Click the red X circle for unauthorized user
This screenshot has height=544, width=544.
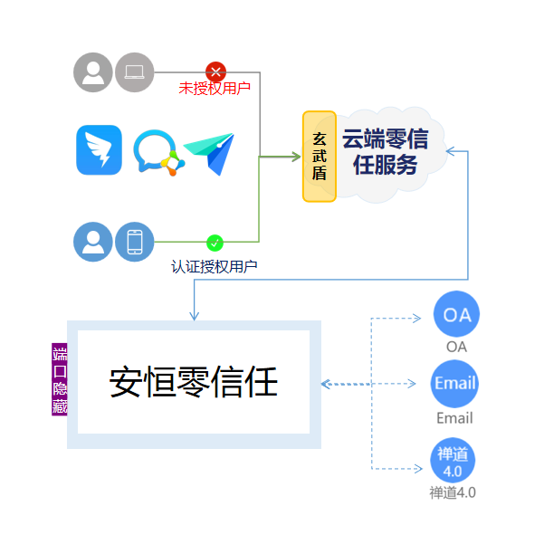click(215, 72)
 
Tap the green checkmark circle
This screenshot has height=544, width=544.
click(215, 243)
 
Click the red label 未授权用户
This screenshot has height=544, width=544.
click(215, 89)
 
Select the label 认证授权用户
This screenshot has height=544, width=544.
click(215, 266)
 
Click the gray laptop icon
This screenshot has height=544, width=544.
click(135, 72)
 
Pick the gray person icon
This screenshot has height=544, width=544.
click(93, 72)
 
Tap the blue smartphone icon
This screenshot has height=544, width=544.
click(135, 243)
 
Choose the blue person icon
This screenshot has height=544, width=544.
click(93, 243)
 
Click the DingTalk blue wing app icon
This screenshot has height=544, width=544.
click(99, 150)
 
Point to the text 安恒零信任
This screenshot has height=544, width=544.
click(193, 382)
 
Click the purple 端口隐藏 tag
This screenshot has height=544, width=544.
click(60, 381)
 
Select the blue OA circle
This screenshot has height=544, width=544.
click(456, 315)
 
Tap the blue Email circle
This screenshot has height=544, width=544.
click(454, 383)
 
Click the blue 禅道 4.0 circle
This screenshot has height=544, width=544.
click(453, 460)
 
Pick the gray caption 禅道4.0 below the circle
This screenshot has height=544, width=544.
click(453, 493)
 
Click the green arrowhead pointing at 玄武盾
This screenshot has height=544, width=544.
click(295, 157)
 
